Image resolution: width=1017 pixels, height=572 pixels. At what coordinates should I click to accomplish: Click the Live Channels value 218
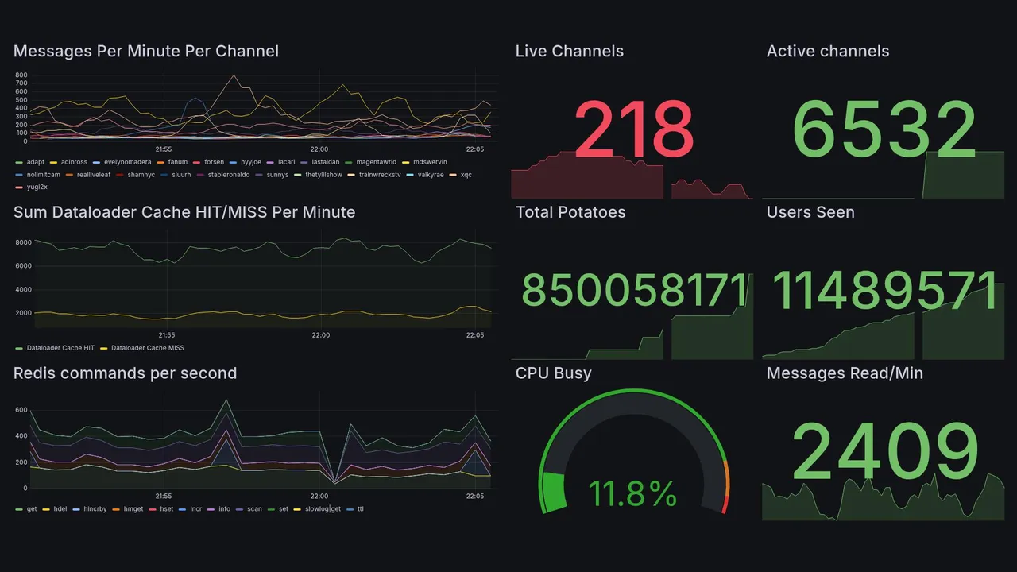633,129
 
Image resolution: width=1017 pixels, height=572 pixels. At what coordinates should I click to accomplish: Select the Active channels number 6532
884,129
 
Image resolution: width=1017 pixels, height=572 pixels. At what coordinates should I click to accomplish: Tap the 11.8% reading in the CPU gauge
632,493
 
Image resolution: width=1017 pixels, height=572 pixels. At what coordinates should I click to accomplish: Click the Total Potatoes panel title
570,212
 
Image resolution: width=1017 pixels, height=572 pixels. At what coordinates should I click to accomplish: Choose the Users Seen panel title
810,212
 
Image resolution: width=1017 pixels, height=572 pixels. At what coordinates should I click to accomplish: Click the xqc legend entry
466,174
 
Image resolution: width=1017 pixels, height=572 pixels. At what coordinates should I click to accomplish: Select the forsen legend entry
214,161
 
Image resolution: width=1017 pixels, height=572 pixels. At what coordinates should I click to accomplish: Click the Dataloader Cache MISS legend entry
147,348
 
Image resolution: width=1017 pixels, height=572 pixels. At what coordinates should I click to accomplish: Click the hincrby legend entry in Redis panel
95,508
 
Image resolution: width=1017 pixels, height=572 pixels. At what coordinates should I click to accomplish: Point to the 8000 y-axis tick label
22,242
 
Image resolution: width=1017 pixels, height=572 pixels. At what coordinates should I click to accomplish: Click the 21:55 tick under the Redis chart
163,496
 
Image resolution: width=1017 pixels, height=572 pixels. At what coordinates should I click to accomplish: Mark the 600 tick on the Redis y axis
21,410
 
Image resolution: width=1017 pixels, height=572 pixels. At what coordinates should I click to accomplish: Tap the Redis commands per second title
125,373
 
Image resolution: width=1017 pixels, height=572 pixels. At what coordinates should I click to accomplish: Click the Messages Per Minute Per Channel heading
145,52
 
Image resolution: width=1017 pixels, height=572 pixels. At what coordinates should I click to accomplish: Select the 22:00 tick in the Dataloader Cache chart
320,335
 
